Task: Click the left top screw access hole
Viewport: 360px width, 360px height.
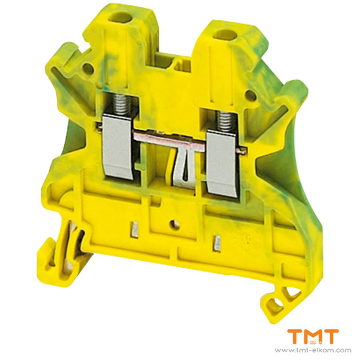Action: pyautogui.click(x=119, y=17)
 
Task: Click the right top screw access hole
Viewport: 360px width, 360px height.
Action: pyautogui.click(x=225, y=35)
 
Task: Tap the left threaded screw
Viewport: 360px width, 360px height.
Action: pyautogui.click(x=122, y=104)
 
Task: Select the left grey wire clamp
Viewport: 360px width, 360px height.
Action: pyautogui.click(x=118, y=146)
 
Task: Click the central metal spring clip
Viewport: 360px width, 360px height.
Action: pyautogui.click(x=185, y=168)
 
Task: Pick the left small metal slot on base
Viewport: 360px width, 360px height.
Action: pyautogui.click(x=135, y=230)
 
